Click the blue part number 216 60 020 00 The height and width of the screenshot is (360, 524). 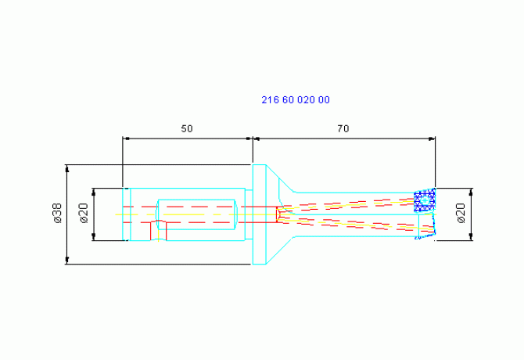pyautogui.click(x=296, y=100)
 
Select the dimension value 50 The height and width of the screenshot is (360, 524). pyautogui.click(x=187, y=128)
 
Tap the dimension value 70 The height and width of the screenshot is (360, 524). pyautogui.click(x=343, y=128)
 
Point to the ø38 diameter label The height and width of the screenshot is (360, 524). pyautogui.click(x=57, y=213)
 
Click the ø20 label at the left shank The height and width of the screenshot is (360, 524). pyautogui.click(x=84, y=213)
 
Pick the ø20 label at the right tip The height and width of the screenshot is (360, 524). pyautogui.click(x=461, y=213)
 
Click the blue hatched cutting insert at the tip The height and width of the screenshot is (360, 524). pyautogui.click(x=425, y=200)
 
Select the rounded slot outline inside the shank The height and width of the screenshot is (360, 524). pyautogui.click(x=196, y=214)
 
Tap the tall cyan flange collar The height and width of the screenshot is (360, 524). pyautogui.click(x=260, y=214)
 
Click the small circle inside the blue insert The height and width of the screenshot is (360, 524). pyautogui.click(x=425, y=200)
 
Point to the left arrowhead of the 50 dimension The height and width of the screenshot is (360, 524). pyautogui.click(x=126, y=139)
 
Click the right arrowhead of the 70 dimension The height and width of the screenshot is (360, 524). pyautogui.click(x=432, y=139)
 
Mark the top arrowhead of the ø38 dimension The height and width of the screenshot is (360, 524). pyautogui.click(x=67, y=168)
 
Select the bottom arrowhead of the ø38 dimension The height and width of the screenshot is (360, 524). pyautogui.click(x=67, y=261)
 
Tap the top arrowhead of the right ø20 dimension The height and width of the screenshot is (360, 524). pyautogui.click(x=471, y=192)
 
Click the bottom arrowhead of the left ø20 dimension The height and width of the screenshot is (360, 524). pyautogui.click(x=94, y=236)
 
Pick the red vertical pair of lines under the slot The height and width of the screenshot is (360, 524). pyautogui.click(x=159, y=231)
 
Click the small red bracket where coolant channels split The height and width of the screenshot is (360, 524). pyautogui.click(x=277, y=214)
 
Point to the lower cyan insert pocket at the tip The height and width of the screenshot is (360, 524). pyautogui.click(x=427, y=227)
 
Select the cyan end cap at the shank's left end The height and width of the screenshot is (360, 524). pyautogui.click(x=127, y=214)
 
